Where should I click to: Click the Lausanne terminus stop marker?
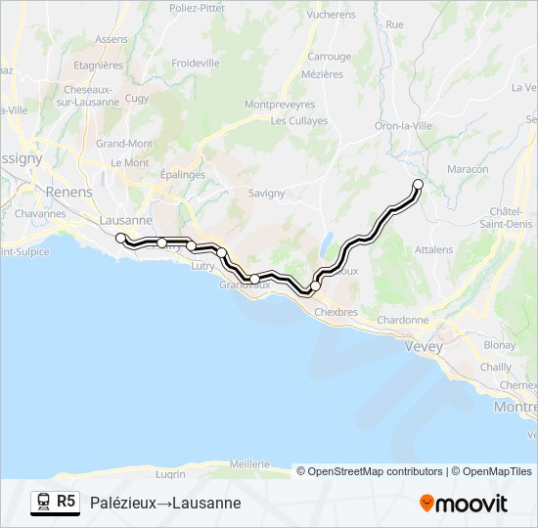coord(120,238)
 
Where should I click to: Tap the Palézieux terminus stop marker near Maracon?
coord(418,184)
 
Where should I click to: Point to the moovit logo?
coord(464,504)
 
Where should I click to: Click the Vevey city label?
coord(424,346)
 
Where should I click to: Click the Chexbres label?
coord(338,312)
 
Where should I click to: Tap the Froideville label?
coord(195,63)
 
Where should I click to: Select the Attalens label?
coord(433,249)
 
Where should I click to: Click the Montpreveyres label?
coord(280,104)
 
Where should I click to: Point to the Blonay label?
coord(499,345)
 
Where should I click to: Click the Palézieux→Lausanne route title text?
coord(164,503)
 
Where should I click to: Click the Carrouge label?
coord(329,57)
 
